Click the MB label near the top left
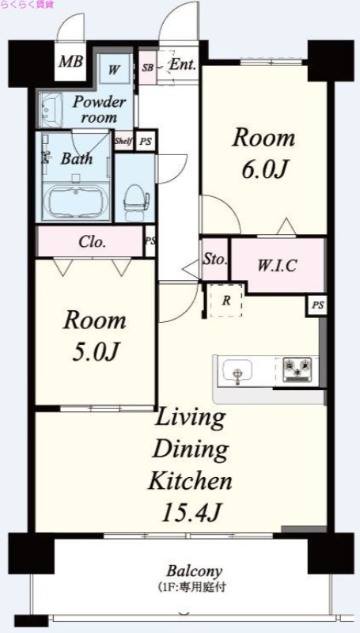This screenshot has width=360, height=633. coord(70,62)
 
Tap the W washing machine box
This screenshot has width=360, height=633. coord(115,69)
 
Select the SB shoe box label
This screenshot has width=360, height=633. coord(147,67)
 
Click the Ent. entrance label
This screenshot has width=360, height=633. coord(183,65)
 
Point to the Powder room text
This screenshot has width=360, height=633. coord(99,109)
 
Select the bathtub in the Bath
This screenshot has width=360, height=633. coord(76,202)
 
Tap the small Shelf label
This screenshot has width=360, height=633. coord(123,142)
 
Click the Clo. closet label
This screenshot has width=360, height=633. coord(93,242)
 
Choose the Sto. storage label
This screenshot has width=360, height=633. coord(214,260)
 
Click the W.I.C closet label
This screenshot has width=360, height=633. coord(277,265)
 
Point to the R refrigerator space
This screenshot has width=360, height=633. coord(226,301)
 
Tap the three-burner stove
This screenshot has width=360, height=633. coord(297,370)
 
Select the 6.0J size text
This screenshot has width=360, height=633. coord(264,170)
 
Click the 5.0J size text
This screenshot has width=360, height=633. coord(95,351)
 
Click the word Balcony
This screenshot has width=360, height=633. coord(195,571)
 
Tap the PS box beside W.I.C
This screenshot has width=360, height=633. coord(317,305)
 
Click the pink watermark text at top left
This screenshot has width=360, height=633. coord(27,5)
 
